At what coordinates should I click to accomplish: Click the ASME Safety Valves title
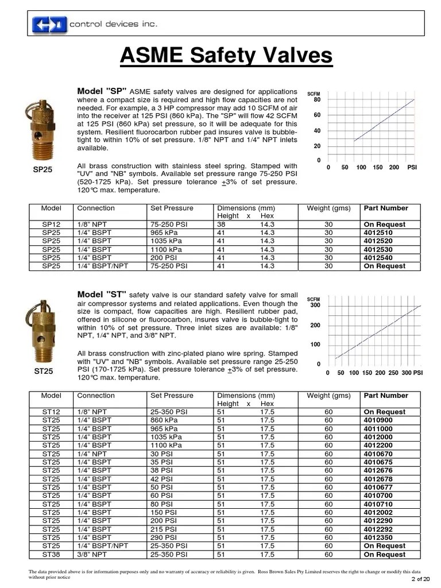226,56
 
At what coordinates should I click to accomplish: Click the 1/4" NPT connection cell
94,454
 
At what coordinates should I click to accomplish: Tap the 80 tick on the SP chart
317,100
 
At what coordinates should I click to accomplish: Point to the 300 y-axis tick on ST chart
315,305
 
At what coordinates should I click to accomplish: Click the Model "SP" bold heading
102,92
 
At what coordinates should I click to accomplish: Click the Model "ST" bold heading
102,294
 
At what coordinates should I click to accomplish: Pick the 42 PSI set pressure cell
163,479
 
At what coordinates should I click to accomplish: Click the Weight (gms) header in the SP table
328,208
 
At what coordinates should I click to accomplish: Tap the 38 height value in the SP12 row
221,225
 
